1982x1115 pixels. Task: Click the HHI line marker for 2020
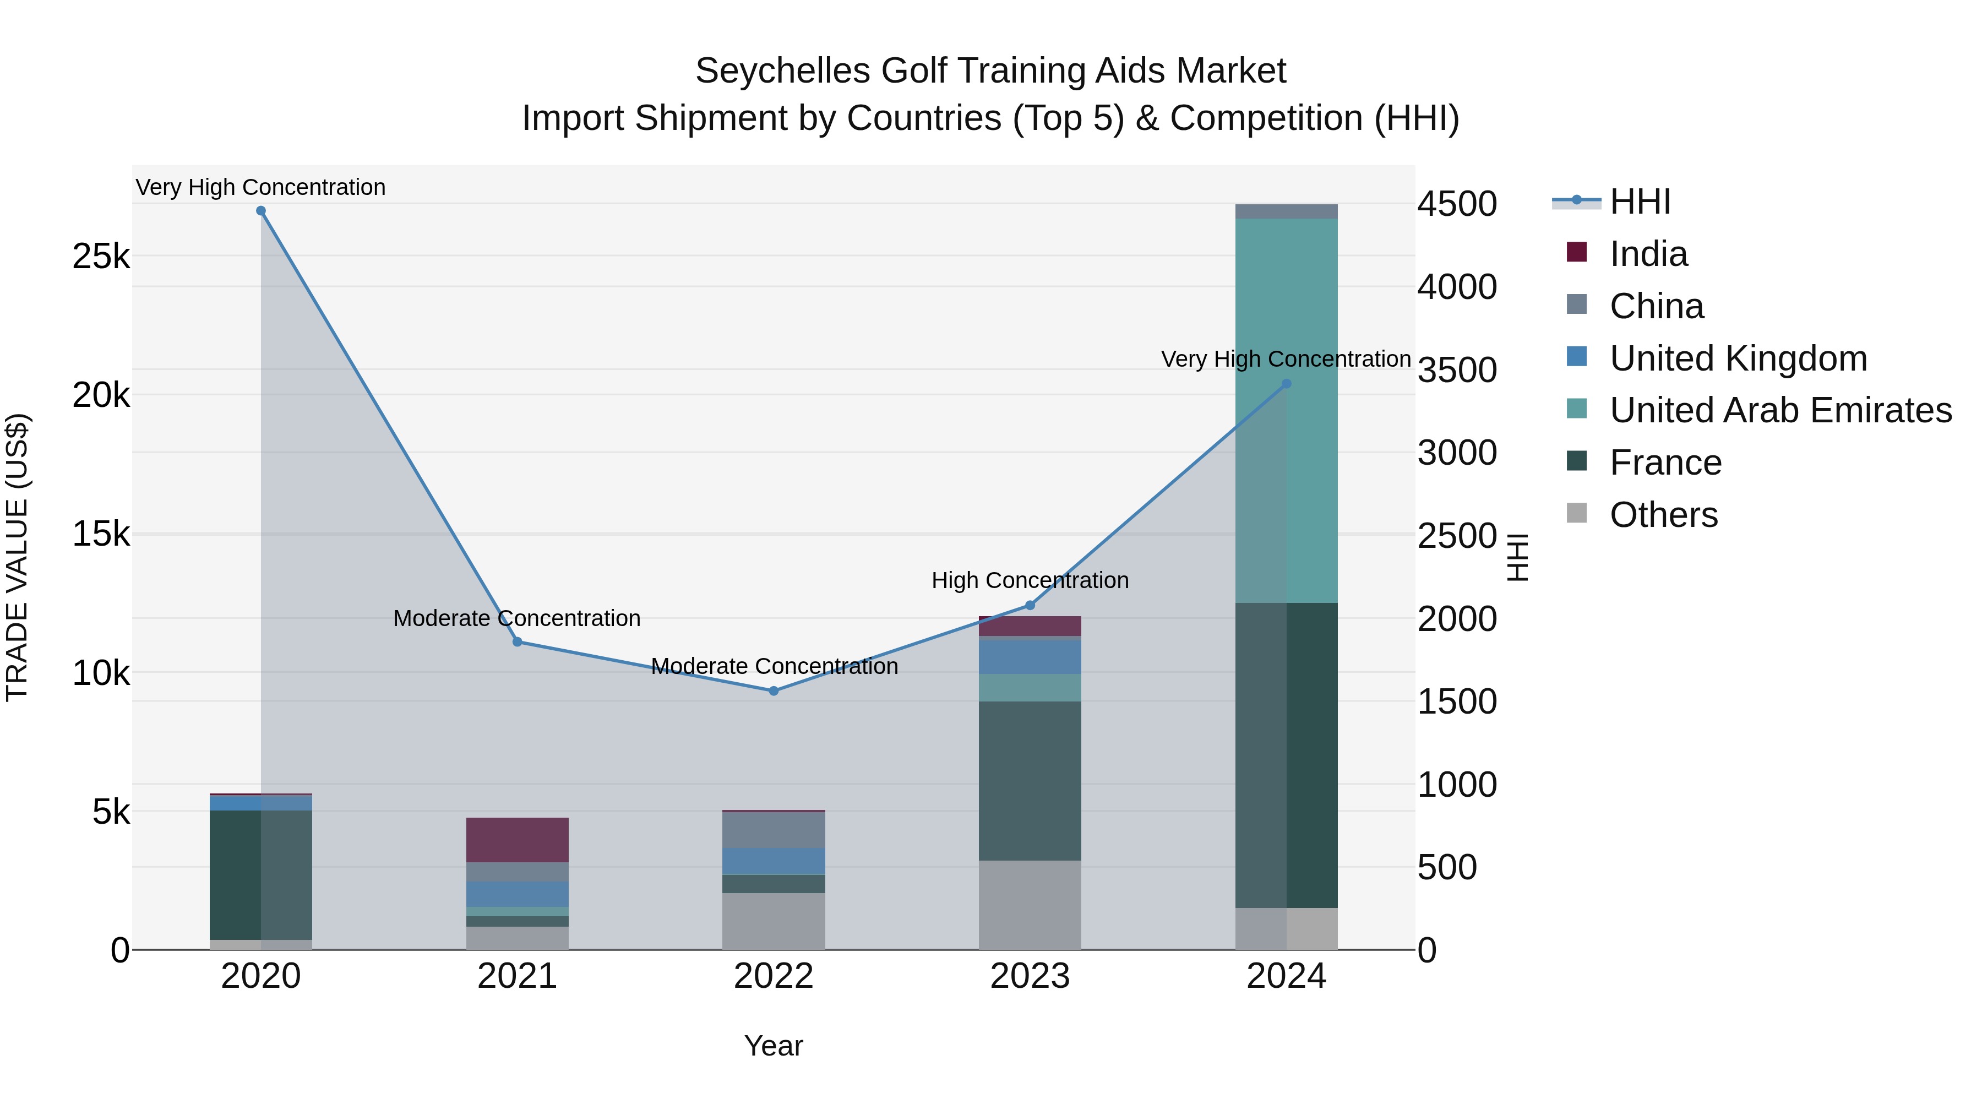tap(261, 211)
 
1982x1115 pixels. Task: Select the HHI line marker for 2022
tap(774, 691)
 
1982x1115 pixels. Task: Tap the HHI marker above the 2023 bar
tap(1030, 606)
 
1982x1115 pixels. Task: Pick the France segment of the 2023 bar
tap(1030, 780)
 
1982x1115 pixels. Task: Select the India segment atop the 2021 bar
tap(517, 840)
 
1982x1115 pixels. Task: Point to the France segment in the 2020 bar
tap(261, 874)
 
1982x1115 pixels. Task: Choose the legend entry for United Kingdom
tap(1738, 358)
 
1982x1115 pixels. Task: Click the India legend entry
tap(1648, 254)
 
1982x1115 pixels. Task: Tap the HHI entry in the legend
tap(1639, 202)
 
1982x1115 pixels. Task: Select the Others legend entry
tap(1663, 515)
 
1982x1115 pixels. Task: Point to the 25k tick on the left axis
tap(101, 256)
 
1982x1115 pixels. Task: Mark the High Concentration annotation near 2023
tap(1030, 580)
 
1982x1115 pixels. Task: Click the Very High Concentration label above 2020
tap(261, 187)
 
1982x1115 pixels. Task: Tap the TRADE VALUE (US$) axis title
tap(18, 557)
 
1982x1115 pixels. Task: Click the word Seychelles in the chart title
tap(783, 71)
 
